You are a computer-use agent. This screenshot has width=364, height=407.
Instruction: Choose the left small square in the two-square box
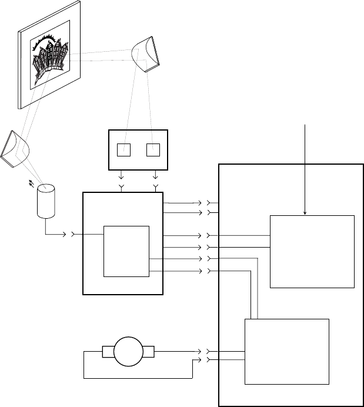tap(123, 149)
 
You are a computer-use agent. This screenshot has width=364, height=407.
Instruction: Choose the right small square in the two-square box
tap(153, 149)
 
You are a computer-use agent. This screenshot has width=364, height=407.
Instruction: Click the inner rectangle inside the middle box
tap(126, 250)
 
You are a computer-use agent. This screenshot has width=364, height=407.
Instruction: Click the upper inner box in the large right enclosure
tap(312, 251)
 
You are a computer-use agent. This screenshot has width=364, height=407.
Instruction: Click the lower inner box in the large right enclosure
tap(286, 351)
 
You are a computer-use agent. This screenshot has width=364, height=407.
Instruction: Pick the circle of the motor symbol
tap(128, 352)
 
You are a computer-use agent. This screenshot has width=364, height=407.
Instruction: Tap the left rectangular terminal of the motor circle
tap(108, 352)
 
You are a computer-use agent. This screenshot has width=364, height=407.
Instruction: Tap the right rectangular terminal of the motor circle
tap(149, 352)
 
